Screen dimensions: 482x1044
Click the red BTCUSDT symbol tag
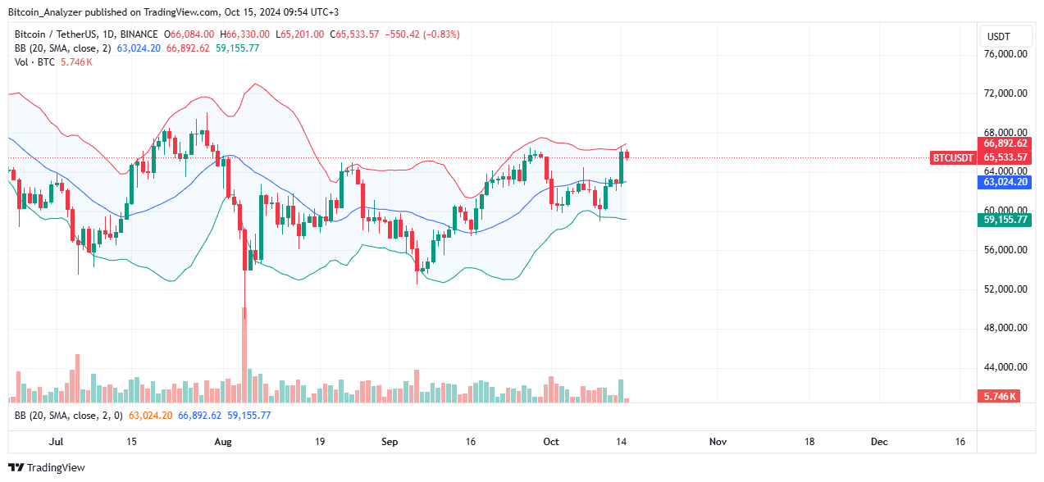(x=953, y=157)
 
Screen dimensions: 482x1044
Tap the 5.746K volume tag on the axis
(x=1001, y=396)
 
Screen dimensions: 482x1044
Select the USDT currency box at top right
(x=998, y=37)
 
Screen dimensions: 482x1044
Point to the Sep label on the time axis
(x=390, y=442)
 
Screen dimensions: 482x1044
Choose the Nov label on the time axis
(x=718, y=442)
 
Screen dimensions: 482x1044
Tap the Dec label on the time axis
(x=879, y=442)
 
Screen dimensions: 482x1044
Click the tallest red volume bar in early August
(x=244, y=361)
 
